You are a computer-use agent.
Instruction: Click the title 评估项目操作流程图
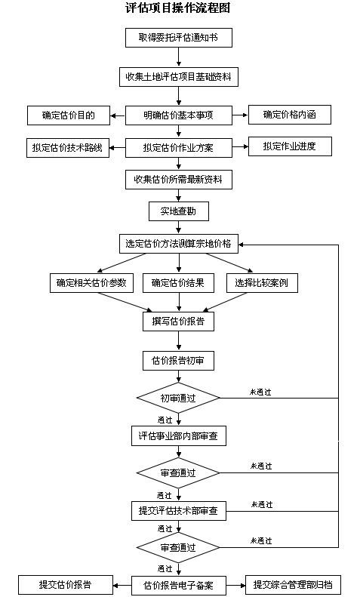(177, 8)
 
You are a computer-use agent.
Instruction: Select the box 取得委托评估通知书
(178, 38)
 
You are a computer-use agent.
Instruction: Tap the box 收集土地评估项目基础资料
(178, 77)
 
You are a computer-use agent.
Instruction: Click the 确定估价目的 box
(69, 115)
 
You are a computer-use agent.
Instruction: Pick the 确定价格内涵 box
(290, 115)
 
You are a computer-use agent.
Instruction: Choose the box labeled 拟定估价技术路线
(68, 148)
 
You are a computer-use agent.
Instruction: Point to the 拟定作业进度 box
(290, 146)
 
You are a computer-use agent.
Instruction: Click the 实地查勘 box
(178, 211)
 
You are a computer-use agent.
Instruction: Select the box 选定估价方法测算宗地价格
(178, 244)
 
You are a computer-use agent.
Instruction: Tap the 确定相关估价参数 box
(91, 283)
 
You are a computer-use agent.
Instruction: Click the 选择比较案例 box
(262, 283)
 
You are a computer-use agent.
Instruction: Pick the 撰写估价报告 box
(178, 322)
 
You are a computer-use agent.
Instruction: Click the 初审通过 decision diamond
(178, 399)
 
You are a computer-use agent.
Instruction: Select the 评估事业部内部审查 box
(178, 436)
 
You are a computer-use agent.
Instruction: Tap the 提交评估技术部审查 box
(178, 511)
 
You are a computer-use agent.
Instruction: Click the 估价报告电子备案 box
(178, 586)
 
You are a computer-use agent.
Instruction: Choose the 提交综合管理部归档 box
(293, 585)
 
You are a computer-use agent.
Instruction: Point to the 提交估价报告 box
(66, 585)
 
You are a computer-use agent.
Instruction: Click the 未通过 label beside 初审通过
(260, 392)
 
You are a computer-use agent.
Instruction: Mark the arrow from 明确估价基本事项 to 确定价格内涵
(240, 115)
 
